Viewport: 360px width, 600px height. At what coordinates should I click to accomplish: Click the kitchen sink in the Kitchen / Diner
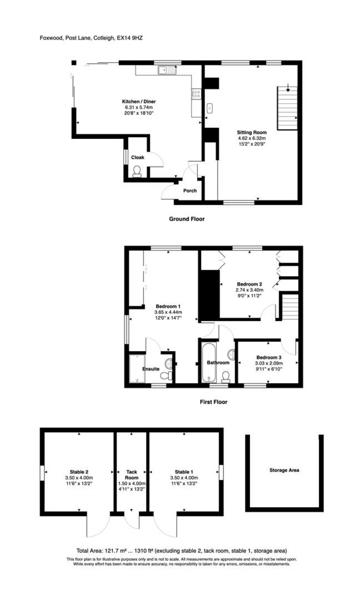(x=167, y=71)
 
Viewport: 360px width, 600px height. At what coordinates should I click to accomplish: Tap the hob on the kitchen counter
(x=197, y=94)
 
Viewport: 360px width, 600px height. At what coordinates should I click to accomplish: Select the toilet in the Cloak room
(x=137, y=171)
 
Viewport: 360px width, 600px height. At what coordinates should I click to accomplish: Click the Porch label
(x=190, y=191)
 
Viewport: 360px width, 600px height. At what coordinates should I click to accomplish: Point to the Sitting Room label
(x=251, y=133)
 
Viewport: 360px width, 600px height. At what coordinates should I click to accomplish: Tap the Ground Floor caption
(x=187, y=219)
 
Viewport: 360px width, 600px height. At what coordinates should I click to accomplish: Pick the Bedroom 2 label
(x=249, y=284)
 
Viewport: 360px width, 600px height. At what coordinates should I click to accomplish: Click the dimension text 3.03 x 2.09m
(x=269, y=363)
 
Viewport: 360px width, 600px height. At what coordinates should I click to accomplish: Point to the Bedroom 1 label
(x=168, y=306)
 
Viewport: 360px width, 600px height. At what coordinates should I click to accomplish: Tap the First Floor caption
(x=213, y=402)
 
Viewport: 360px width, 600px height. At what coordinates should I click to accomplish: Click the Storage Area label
(x=284, y=470)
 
